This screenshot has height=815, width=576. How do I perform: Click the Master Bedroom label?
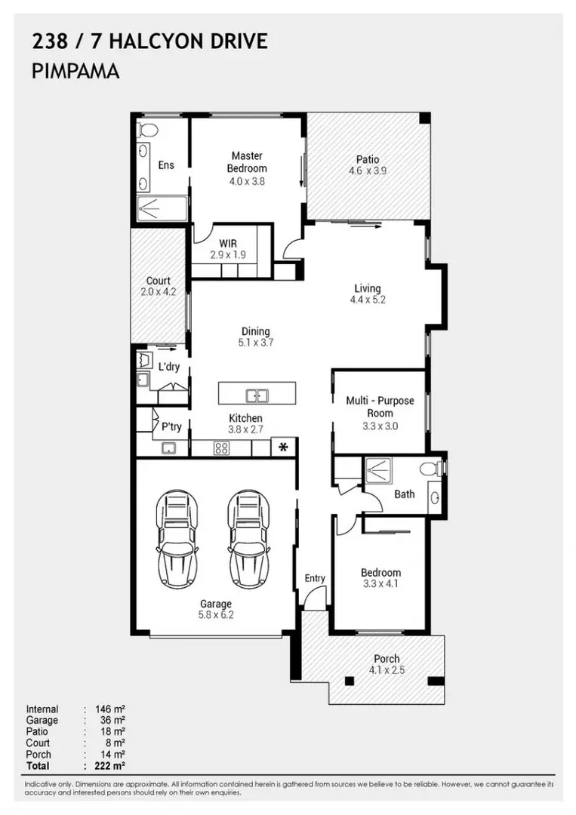tap(247, 161)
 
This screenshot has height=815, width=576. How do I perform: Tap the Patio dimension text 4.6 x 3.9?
tap(368, 171)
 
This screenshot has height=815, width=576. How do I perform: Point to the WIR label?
tap(228, 243)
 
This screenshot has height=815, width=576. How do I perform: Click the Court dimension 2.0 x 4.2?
tap(158, 291)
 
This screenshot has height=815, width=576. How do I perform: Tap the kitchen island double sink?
tap(257, 395)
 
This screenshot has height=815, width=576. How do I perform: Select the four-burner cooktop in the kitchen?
tap(221, 447)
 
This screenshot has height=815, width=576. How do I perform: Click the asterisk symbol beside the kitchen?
tap(283, 447)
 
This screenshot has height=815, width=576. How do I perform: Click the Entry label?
tap(315, 578)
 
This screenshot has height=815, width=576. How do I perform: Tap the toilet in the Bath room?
tap(432, 469)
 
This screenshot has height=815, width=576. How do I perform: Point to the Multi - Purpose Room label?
tap(380, 407)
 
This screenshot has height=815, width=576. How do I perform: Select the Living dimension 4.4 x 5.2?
tap(368, 300)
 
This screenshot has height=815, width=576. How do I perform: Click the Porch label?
tap(387, 659)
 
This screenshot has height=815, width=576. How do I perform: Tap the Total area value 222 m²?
tap(109, 766)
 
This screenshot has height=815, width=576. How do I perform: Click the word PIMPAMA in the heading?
tap(75, 71)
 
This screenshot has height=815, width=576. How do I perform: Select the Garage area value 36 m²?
tap(112, 721)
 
